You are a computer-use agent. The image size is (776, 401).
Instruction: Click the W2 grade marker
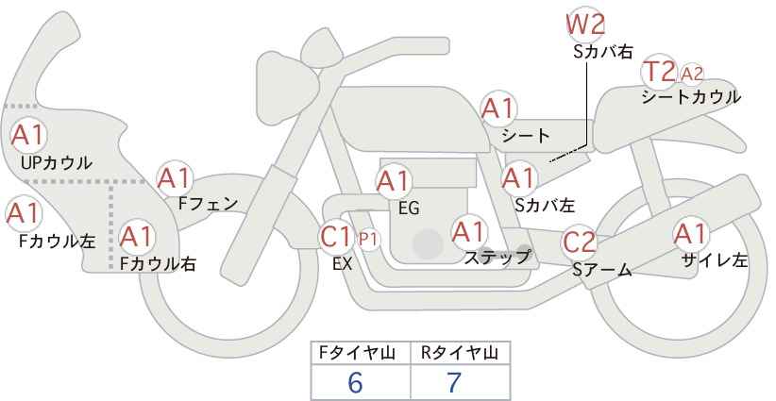(585, 25)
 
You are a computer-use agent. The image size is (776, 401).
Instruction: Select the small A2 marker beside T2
(691, 75)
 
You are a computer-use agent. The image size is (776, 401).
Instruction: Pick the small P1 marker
(368, 240)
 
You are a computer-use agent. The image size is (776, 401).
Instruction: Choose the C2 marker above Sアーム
(580, 242)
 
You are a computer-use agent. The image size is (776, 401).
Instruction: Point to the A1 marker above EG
(394, 181)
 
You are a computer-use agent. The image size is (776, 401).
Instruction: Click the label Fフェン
(208, 204)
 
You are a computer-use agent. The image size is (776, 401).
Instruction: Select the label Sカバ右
(603, 52)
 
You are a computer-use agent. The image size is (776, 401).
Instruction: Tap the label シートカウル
(691, 97)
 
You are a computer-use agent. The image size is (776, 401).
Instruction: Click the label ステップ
(497, 258)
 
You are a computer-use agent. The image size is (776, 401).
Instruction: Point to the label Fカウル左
(57, 241)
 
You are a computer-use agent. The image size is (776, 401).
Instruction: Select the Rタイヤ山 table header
(460, 353)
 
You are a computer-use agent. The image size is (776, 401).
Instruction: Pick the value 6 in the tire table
(355, 382)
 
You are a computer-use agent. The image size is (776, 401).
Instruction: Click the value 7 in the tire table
(454, 382)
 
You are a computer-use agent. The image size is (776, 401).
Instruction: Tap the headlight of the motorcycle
(287, 74)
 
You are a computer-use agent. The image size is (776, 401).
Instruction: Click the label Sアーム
(602, 270)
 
